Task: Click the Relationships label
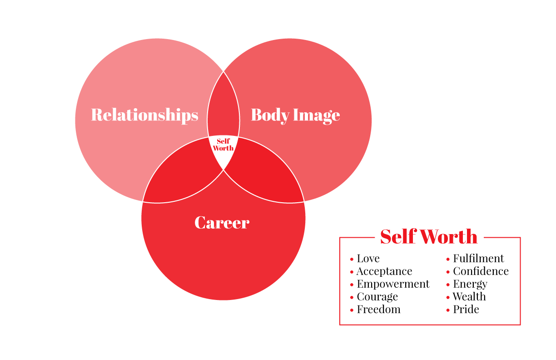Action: tap(144, 115)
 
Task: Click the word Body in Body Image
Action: tap(270, 115)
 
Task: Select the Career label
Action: tap(222, 223)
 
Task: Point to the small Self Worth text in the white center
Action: tap(223, 145)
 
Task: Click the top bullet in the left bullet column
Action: tap(352, 260)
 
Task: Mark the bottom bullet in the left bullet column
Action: tap(352, 310)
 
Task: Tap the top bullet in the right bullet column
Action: tap(448, 260)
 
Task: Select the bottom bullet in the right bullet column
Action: tap(448, 310)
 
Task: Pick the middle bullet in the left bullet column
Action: tap(352, 285)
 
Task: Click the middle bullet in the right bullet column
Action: tap(448, 285)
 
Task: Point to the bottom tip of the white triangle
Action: tap(223, 169)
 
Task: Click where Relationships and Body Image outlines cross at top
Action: tap(223, 71)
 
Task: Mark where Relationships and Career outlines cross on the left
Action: tap(143, 201)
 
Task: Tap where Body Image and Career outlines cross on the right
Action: tap(304, 201)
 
